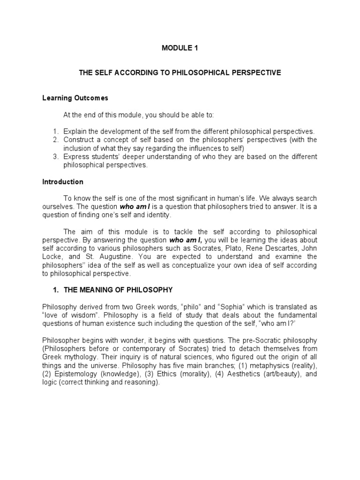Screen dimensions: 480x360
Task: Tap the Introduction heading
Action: pos(63,182)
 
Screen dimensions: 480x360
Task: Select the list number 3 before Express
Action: pos(55,157)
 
